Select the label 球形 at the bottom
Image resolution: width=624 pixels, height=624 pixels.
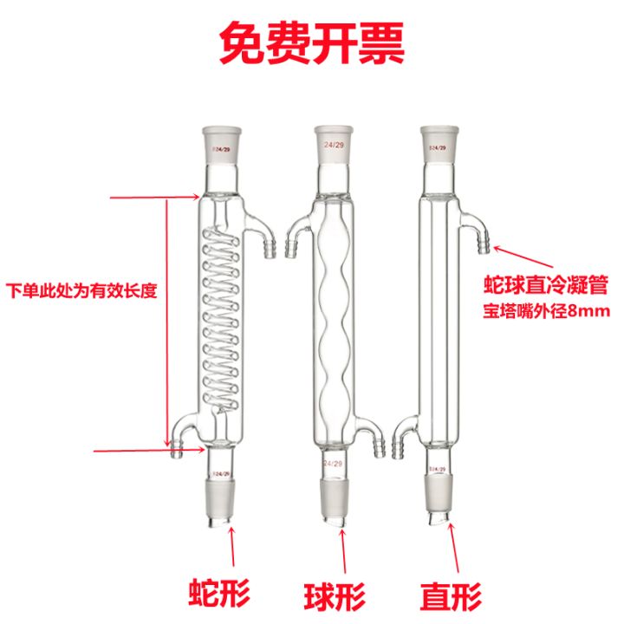[x=335, y=595]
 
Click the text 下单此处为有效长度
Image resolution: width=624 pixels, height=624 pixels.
[x=81, y=290]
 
